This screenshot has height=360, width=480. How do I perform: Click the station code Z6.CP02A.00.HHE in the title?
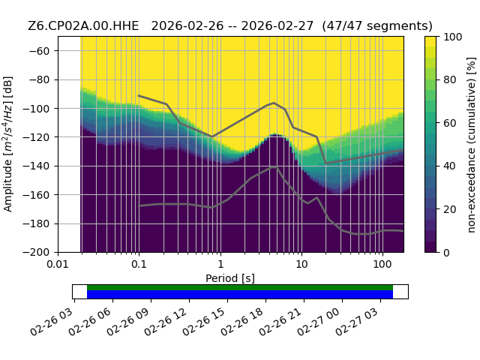point(83,25)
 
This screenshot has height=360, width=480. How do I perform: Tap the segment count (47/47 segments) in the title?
point(377,25)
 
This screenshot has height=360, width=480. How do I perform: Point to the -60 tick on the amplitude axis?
point(39,51)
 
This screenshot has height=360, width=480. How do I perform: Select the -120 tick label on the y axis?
point(36,137)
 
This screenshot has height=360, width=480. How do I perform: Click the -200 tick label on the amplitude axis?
point(36,253)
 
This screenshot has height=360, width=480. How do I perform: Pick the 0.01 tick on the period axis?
point(58,264)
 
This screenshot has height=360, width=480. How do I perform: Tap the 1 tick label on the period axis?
point(220,264)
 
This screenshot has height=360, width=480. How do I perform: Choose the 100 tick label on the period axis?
point(382,264)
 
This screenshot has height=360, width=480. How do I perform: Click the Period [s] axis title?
point(230,278)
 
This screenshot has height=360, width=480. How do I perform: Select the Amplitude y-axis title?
point(8,144)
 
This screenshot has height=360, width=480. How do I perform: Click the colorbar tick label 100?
point(453,37)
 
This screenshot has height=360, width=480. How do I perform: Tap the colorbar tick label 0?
point(447,253)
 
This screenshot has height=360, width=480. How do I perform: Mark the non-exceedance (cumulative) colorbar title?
point(472,145)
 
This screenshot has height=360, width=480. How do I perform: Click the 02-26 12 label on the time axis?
point(166,322)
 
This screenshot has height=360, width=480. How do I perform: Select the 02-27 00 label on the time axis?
point(319,322)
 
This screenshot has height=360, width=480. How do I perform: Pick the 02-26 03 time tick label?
point(51,322)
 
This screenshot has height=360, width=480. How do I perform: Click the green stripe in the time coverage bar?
point(240,287)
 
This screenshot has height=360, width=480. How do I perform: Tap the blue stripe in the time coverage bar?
point(240,294)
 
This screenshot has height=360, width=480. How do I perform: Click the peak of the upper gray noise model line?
point(274,103)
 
